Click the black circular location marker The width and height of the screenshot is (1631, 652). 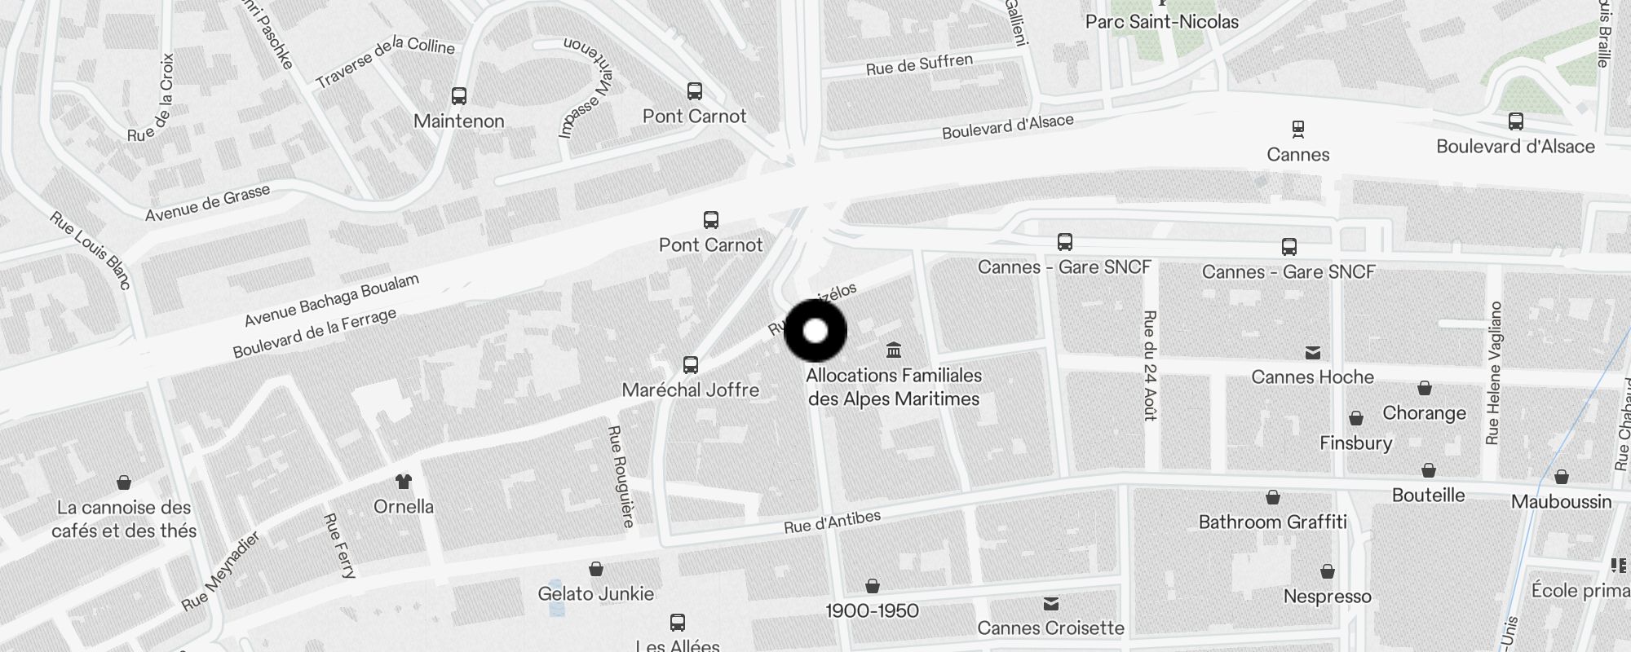coord(815,331)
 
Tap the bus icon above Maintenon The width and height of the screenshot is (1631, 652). coord(459,96)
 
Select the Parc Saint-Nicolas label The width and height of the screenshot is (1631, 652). coord(1161,22)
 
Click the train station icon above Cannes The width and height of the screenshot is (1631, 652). coord(1297,129)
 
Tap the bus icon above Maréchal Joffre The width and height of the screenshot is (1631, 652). coord(691,364)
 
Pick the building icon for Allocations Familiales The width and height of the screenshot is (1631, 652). coord(894,350)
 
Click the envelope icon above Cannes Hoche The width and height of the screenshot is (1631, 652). coord(1312,353)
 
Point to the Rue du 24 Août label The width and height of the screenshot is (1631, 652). coord(1150,365)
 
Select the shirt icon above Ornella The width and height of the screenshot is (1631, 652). coord(403,481)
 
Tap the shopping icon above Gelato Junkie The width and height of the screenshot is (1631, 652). coord(596,569)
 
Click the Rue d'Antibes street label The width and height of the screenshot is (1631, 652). coord(832,522)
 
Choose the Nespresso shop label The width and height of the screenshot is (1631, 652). coord(1327,597)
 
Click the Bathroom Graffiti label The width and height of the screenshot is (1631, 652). coord(1272,522)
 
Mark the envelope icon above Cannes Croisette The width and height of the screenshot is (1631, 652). coord(1050,604)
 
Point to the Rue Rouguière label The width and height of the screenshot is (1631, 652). coord(621,476)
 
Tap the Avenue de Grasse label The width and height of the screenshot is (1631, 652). coord(207,203)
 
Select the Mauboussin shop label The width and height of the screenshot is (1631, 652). coord(1561,501)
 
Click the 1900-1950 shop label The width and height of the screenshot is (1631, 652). coord(872,610)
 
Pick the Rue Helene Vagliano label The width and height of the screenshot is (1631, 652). coord(1493,373)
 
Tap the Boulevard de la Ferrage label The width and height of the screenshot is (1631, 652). coord(314,333)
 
